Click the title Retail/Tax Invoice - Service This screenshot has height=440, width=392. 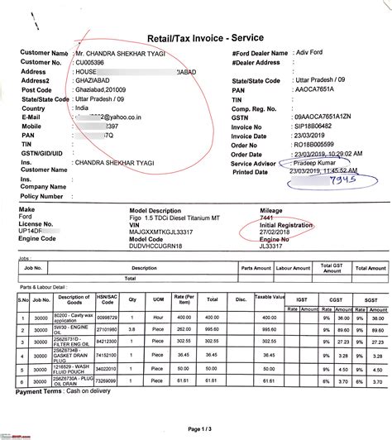point(196,37)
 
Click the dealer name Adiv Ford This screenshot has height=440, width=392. point(308,52)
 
